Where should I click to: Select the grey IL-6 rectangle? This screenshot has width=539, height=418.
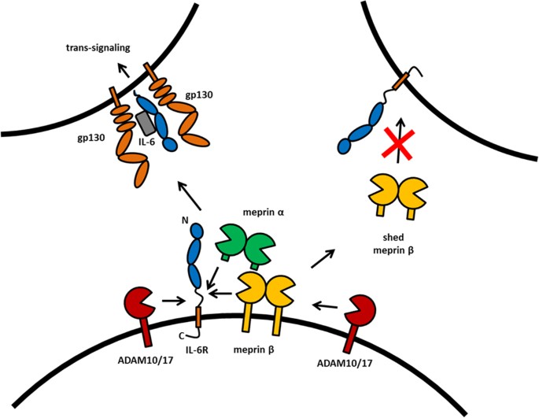146,123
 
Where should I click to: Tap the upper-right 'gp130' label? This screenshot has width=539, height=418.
199,94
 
